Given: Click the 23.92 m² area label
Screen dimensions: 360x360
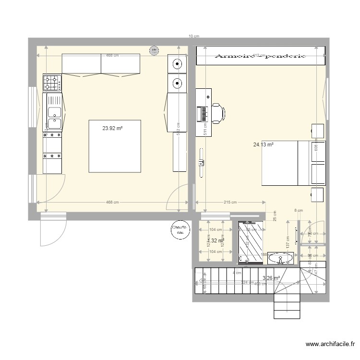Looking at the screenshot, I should coord(112,128).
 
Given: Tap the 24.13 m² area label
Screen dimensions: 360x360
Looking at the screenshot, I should coord(263,144).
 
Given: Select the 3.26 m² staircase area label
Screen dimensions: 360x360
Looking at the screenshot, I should coord(271,277).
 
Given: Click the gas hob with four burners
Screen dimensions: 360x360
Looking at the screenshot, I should coord(52,83).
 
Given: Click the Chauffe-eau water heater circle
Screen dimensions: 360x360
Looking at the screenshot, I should coord(180,230).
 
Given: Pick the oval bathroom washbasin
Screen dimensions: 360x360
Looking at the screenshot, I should coord(279,259).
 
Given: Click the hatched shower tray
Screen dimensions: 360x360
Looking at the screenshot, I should coord(251,242).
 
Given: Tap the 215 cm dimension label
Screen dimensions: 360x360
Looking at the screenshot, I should coord(230,202).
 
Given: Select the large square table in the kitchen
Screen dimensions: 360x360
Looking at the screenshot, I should coord(115,146).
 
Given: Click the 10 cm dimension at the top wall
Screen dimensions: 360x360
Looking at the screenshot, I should coord(194,36).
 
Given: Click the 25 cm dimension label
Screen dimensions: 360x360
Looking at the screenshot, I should coord(275,216).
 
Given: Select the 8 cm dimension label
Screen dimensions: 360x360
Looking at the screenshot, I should coord(299,210).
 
